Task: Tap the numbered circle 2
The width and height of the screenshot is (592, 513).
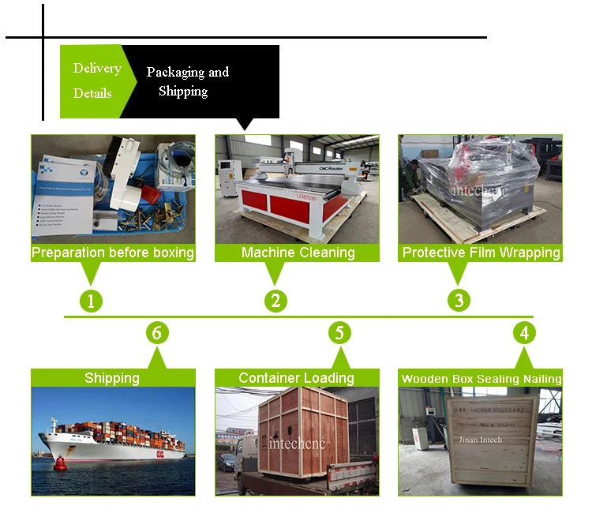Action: (x=275, y=300)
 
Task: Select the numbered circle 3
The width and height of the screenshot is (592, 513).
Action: (x=459, y=300)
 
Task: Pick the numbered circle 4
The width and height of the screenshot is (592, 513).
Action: (x=524, y=333)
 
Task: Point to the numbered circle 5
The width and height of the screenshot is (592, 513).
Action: (x=339, y=333)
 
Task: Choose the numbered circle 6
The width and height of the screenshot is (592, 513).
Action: (x=157, y=333)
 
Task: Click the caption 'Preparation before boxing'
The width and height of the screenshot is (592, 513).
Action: (x=112, y=253)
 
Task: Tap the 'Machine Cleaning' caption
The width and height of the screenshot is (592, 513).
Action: (x=298, y=253)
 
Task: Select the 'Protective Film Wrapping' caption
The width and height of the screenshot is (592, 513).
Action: (x=481, y=253)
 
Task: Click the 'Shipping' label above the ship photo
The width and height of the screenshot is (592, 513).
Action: (x=112, y=378)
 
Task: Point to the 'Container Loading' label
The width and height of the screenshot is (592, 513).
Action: (x=296, y=378)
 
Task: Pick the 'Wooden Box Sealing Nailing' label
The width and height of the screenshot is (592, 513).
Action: (x=481, y=379)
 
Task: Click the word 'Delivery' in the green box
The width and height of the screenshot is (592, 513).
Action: (x=97, y=68)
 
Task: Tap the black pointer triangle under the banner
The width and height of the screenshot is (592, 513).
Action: (x=245, y=124)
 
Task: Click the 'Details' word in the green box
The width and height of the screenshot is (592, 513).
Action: (x=92, y=93)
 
